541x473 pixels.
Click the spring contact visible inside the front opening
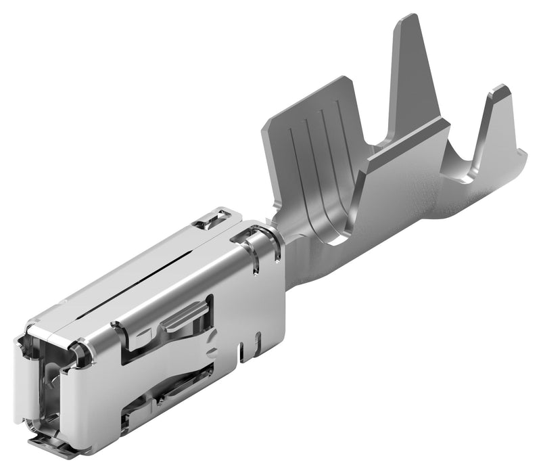[x=51, y=386]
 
